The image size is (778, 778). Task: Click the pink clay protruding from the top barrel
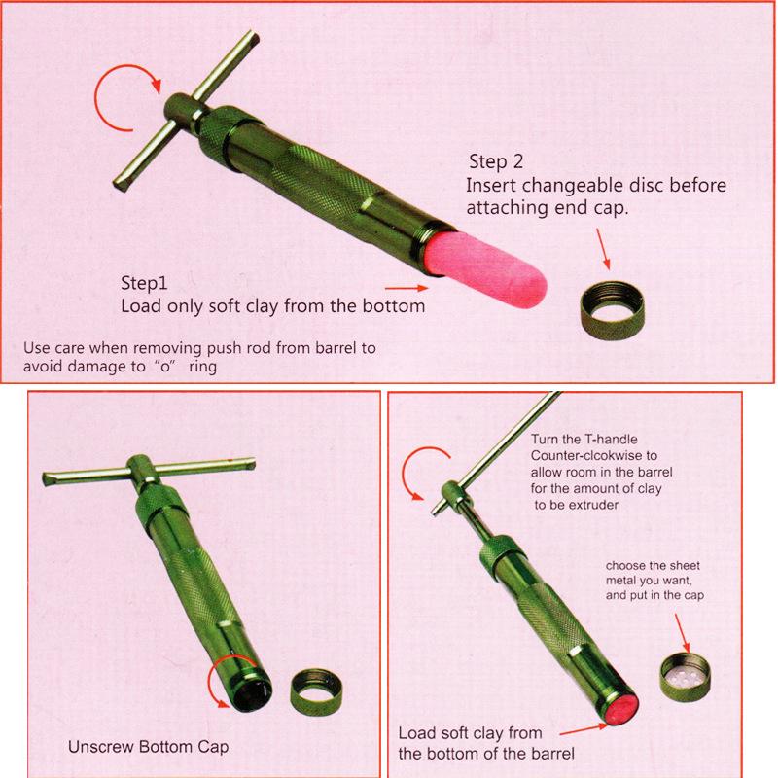485,269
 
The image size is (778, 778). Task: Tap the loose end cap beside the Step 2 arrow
613,310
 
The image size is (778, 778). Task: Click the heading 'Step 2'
496,161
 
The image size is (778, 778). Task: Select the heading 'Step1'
144,283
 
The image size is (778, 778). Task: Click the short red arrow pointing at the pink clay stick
407,288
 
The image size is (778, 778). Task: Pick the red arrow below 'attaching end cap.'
603,249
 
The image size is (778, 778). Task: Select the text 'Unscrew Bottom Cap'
149,747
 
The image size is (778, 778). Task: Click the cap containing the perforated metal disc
686,677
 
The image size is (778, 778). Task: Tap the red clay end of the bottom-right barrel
622,709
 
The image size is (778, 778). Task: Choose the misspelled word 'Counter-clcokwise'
594,455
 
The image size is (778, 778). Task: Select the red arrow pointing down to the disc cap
683,633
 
